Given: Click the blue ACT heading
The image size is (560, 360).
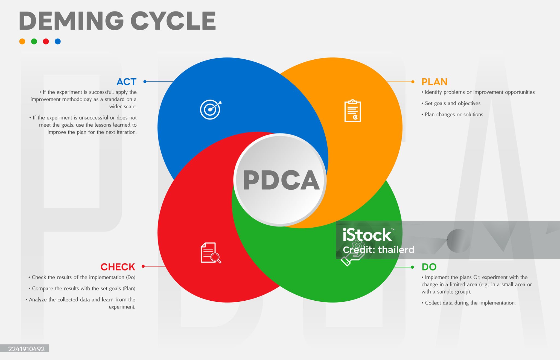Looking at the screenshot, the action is point(126,82).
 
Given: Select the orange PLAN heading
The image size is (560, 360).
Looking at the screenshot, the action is point(434,82).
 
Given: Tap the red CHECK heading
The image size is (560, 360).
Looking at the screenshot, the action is point(118,267).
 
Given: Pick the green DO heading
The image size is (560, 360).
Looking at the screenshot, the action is point(429,267).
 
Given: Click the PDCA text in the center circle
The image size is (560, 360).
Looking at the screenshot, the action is point(281,180).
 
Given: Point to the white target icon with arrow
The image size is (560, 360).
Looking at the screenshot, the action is point(211,109).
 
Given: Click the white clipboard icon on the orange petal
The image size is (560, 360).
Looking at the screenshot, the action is point(352,111).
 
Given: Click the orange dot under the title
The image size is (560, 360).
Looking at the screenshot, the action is point(22,41).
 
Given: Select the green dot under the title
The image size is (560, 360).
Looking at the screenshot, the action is point(34,41).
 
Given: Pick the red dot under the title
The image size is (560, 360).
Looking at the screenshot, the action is point(46,41).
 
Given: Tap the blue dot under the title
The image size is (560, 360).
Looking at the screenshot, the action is point(58,41).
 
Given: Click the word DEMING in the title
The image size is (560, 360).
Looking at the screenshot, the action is point(71,21).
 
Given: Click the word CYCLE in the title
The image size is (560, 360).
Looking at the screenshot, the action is point(173,21).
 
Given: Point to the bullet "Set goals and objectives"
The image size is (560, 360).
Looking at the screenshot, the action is point(451,103).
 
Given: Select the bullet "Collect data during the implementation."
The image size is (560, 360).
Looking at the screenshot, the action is point(468,303).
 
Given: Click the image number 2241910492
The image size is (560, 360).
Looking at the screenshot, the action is point(26,349).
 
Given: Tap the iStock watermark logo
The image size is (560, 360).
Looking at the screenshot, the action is point(368,235).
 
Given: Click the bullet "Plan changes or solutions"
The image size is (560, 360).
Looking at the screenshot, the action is point(452,115).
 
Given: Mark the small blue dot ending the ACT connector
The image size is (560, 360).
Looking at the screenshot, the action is point(145,82).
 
